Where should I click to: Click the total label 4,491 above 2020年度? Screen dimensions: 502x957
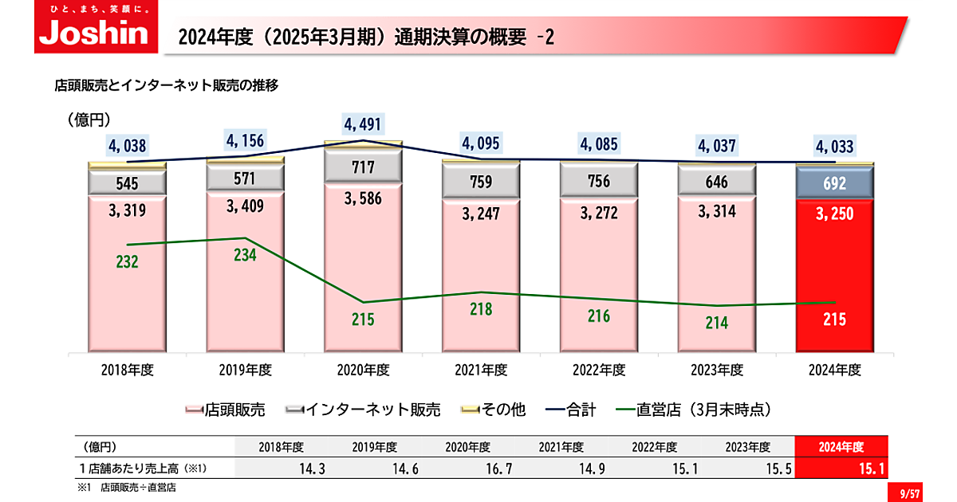coord(363,124)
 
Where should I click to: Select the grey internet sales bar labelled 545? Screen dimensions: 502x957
coord(128,183)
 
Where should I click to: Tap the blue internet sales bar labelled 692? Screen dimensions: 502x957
coord(835,182)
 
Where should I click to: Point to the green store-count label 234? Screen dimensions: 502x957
coord(245,254)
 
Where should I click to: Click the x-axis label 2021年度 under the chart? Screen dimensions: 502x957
coord(481,371)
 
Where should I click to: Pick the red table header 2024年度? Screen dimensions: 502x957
coord(841,447)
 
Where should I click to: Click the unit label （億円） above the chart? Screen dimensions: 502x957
coord(89,120)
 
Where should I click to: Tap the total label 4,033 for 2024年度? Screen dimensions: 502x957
coord(834,147)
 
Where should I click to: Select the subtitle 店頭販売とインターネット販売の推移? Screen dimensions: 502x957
coord(166,84)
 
